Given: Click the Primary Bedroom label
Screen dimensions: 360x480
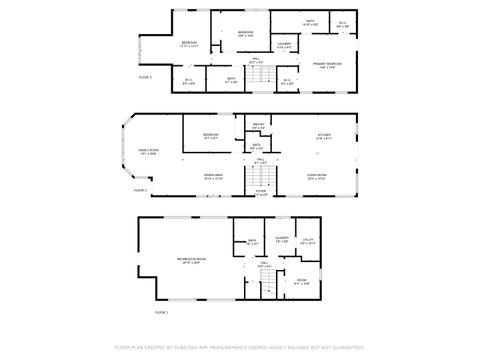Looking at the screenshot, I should click(x=327, y=64).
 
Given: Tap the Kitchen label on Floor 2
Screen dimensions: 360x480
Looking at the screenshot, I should click(x=324, y=135).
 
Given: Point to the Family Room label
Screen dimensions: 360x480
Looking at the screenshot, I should click(x=149, y=151).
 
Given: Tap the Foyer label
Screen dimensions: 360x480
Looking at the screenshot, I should click(x=260, y=193).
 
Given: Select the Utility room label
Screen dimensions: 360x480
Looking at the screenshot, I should click(x=308, y=239).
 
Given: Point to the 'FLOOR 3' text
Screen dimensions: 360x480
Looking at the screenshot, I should click(x=146, y=76).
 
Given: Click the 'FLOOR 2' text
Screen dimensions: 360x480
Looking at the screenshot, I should click(x=140, y=190).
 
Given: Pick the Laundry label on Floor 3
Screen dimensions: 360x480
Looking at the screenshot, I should click(x=284, y=44).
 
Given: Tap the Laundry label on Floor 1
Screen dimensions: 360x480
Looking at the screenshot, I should click(x=281, y=238).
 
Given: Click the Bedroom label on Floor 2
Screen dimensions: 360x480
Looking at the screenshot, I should click(x=211, y=135).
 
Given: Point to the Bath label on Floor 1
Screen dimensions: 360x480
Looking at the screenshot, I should click(x=252, y=240).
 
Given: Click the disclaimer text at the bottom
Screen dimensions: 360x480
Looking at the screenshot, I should click(x=240, y=346).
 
